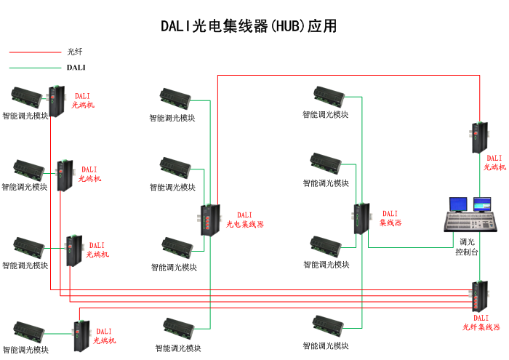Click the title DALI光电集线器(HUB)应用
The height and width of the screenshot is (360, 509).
[248, 26]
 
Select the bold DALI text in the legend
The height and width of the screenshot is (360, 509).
[76, 68]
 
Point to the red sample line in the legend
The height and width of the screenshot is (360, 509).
[35, 52]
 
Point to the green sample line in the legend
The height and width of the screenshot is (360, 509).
[35, 68]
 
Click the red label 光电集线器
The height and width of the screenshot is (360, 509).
[244, 225]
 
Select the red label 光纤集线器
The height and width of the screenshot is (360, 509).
[481, 327]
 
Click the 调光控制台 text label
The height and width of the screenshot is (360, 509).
[467, 247]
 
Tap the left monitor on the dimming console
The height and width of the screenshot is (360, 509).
[459, 204]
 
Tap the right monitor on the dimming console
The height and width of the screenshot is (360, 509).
[482, 204]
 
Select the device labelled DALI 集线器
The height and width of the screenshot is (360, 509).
[361, 219]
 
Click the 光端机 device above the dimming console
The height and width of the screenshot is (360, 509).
[479, 137]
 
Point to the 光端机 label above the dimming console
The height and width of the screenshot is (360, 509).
[494, 163]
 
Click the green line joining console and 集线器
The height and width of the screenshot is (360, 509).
[407, 247]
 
